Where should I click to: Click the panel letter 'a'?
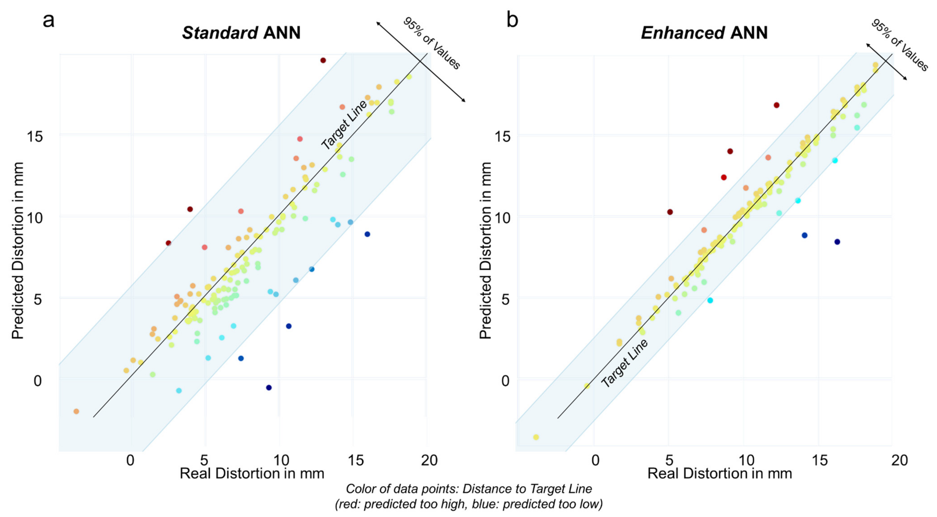[48, 21]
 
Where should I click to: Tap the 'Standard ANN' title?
[241, 33]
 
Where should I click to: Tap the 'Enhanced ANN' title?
[704, 33]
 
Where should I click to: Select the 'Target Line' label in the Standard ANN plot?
[344, 125]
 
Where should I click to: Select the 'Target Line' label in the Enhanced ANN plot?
[624, 363]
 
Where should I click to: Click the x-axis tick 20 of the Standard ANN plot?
[429, 460]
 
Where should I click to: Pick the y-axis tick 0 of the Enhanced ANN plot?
[506, 381]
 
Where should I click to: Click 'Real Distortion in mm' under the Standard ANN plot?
[252, 474]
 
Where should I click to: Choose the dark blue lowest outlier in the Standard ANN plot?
[269, 388]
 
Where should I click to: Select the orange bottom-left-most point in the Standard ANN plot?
[76, 412]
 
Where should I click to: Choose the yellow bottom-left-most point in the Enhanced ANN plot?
[536, 437]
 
